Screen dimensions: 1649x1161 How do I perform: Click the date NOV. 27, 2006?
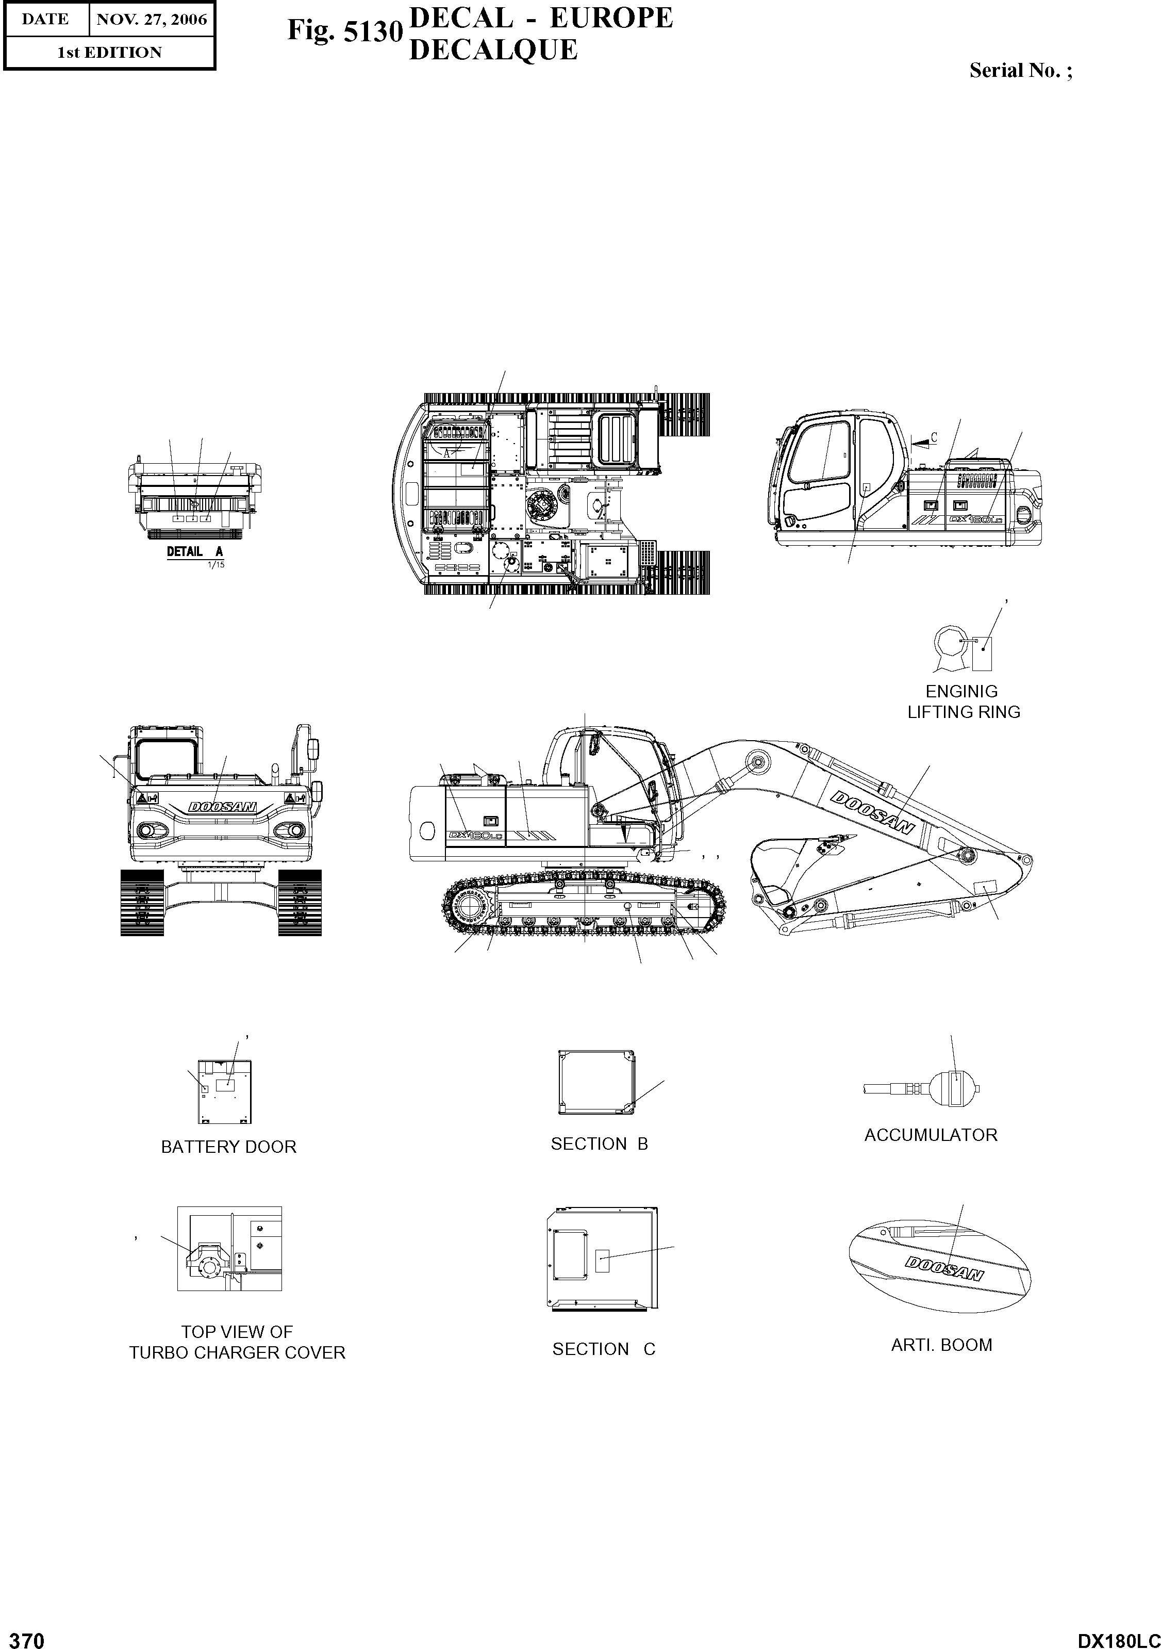point(152,20)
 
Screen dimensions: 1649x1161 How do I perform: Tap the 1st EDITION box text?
point(109,53)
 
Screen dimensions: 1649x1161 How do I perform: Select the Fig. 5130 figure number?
point(344,31)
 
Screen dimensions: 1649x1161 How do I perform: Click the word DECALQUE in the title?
point(493,50)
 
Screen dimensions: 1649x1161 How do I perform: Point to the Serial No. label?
point(1020,70)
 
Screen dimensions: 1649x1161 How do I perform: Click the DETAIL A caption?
point(194,551)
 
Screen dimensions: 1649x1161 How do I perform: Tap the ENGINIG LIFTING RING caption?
point(963,701)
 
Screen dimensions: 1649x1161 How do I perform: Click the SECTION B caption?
point(599,1144)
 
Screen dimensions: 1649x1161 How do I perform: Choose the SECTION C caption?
point(603,1349)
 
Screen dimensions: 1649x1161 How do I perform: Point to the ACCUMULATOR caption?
point(931,1135)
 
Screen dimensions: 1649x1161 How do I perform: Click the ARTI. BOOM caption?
point(941,1345)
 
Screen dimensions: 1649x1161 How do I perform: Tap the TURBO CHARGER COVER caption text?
point(237,1353)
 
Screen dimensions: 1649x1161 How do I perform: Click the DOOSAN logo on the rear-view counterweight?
point(222,807)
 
